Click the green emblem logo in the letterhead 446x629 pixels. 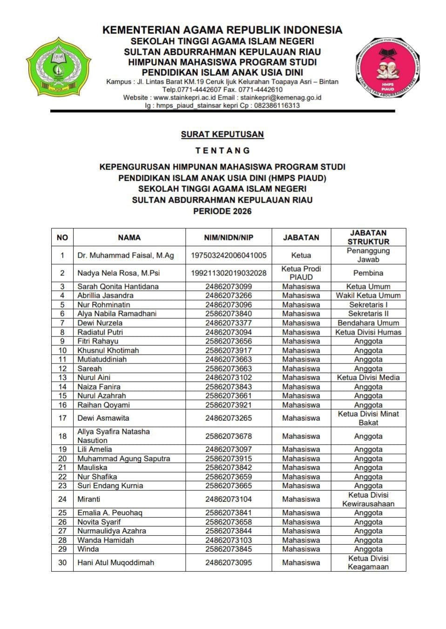point(58,68)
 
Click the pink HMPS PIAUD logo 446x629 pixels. point(388,68)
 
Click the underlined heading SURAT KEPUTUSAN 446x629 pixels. point(222,134)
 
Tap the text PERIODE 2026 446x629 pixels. point(222,211)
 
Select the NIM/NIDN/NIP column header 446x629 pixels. point(229,237)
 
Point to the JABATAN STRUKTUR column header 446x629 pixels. point(368,237)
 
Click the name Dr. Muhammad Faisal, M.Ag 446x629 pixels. point(125,255)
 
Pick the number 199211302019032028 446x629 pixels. point(229,273)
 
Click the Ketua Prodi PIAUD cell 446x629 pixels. point(301,273)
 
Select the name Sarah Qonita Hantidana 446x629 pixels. point(118,287)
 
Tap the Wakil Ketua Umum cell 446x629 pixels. point(368,295)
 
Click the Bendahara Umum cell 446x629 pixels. point(368,323)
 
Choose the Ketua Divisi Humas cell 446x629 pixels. point(368,332)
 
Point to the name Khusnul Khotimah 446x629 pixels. point(108,350)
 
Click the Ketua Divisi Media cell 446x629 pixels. point(368,377)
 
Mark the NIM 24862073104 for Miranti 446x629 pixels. point(229,499)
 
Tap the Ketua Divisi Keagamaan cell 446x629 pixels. point(368,562)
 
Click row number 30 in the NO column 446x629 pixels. point(62,562)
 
